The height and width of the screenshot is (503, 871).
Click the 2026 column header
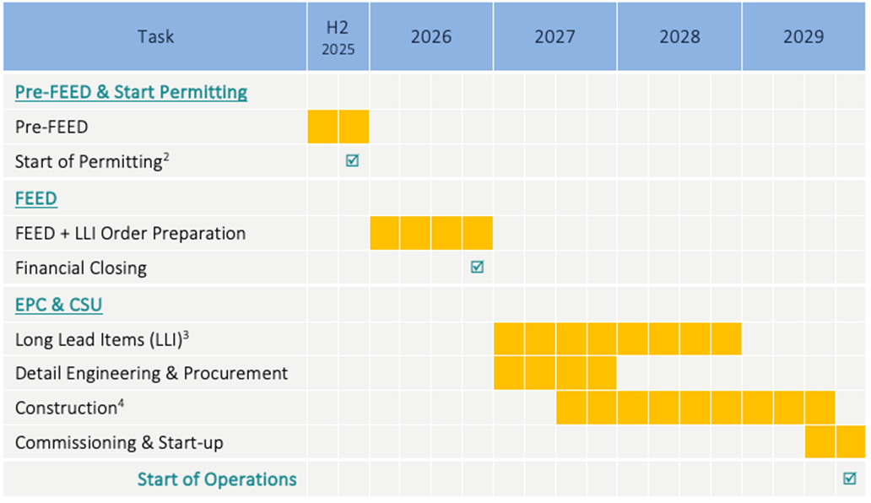(x=431, y=37)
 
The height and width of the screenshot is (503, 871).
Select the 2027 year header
(x=555, y=37)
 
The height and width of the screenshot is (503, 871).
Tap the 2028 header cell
(x=679, y=37)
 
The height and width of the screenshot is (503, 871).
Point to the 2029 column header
(x=803, y=37)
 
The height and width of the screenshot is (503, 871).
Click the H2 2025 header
(x=338, y=37)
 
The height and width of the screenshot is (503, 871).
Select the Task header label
(x=155, y=37)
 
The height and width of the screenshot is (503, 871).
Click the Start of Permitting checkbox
(x=353, y=160)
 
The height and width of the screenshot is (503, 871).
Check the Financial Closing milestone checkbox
(x=477, y=267)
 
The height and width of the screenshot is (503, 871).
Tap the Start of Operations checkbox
(x=850, y=479)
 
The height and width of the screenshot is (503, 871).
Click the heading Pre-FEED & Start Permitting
(x=131, y=92)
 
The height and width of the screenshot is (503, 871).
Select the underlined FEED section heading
(x=36, y=199)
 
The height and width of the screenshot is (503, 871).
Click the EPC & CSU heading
(x=58, y=305)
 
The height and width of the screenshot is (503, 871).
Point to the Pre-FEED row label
(x=51, y=127)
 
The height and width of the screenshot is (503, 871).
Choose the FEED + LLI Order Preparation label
(x=130, y=233)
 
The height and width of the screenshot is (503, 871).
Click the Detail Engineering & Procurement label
(x=151, y=373)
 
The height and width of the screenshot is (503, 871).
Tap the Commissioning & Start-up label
(x=119, y=443)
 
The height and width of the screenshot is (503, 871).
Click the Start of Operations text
(x=217, y=479)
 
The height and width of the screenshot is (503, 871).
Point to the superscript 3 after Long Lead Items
(x=185, y=335)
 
